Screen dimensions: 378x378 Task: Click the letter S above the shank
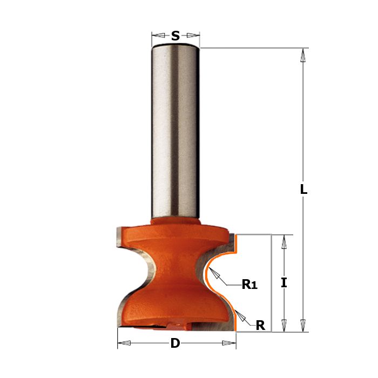coord(175,36)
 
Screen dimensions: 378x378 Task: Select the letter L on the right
coord(303,190)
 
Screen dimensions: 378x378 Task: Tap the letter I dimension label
coord(283,282)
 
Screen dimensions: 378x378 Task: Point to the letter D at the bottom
coord(175,343)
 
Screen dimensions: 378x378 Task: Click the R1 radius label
coord(250,285)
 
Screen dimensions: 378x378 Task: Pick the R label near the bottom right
coord(260,325)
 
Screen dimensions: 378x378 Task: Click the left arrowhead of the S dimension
coord(158,36)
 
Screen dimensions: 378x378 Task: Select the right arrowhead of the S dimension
coord(193,36)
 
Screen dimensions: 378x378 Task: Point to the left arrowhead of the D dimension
coord(124,343)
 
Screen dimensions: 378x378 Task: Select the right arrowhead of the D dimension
coord(230,343)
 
